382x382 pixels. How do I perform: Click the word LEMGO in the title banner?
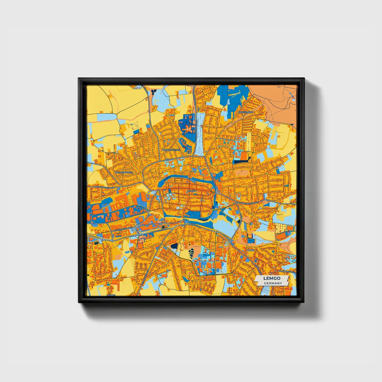point(272,278)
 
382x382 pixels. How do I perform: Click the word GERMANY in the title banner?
point(272,283)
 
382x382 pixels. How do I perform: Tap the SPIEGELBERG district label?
point(246,112)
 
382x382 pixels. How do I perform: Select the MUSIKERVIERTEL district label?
point(172,150)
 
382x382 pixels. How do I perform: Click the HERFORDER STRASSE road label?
point(104,187)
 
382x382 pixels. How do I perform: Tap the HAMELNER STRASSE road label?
point(248,203)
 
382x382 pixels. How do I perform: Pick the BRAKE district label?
point(250,250)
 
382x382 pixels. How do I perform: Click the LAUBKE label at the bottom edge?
point(111,295)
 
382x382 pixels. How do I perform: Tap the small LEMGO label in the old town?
point(191,191)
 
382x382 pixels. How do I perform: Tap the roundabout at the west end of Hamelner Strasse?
point(216,193)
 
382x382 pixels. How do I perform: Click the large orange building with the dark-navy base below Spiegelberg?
point(243,157)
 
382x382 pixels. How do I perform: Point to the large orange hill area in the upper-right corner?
point(275,100)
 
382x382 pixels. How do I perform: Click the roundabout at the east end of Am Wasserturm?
point(172,229)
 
